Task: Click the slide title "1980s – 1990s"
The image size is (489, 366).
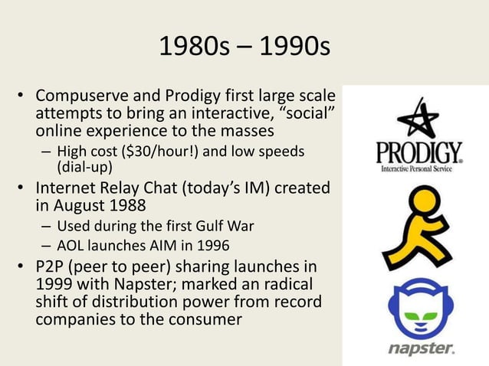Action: (x=244, y=47)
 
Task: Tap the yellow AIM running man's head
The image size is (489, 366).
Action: (x=422, y=203)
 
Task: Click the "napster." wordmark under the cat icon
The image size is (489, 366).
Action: (x=420, y=348)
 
